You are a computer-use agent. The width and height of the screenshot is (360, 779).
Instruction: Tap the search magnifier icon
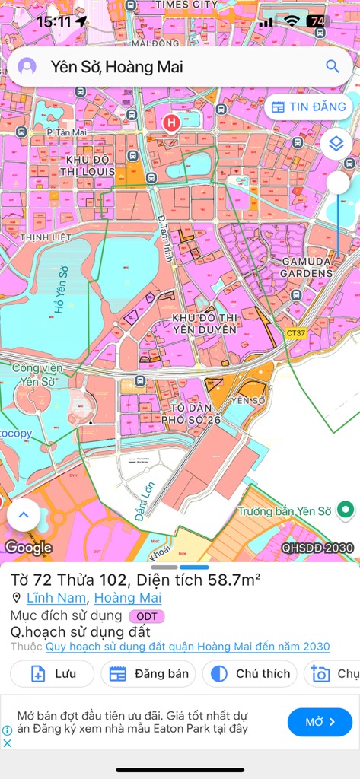pos(333,66)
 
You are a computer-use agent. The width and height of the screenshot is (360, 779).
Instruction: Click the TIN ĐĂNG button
pos(309,107)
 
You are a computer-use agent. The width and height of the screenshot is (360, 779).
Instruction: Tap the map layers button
pos(336,143)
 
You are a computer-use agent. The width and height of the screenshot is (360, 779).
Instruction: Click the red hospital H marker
pos(172,121)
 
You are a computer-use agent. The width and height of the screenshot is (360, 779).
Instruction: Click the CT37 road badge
pos(296,332)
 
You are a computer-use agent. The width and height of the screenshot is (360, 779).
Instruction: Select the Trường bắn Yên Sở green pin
pos(346,510)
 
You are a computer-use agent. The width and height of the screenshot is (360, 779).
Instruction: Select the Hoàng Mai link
pos(139,598)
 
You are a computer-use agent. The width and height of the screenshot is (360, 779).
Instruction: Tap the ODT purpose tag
pos(147,615)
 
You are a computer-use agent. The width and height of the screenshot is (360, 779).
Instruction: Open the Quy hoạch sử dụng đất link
pos(187,647)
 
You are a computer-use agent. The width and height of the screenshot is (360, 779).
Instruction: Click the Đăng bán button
pos(149,673)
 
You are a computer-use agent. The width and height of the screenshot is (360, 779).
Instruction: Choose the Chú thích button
pos(250,673)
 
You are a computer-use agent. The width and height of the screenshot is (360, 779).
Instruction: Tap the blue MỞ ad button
pos(320,722)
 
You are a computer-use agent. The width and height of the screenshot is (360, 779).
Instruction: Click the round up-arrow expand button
pos(24,515)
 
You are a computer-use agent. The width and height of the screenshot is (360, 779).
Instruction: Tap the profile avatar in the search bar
pos(27,66)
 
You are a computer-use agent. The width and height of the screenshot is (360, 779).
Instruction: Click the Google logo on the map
pos(28,547)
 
